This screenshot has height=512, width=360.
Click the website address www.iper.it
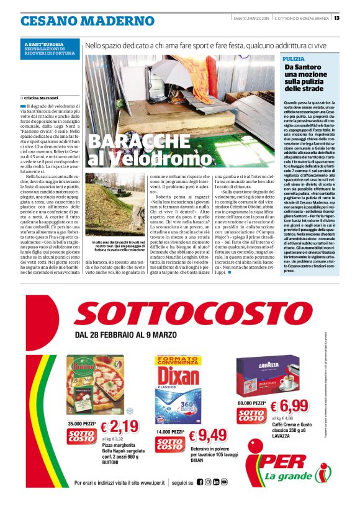[x=149, y=482]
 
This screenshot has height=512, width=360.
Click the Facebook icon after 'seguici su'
[x=200, y=482]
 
